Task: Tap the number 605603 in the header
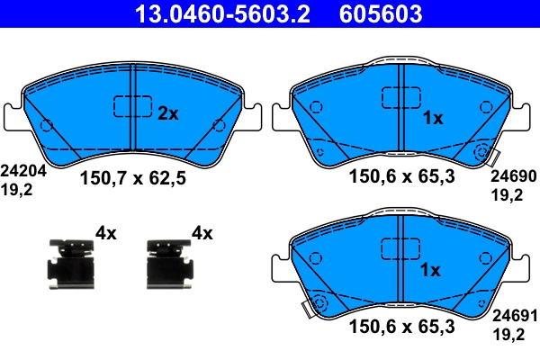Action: pos(381,13)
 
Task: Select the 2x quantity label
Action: pos(168,113)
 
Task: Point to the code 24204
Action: pos(19,169)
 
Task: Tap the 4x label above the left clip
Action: pos(106,234)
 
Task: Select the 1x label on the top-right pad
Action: pos(432,118)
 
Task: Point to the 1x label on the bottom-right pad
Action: pos(432,270)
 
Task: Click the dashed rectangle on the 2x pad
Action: pos(132,106)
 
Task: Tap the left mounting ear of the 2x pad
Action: pos(13,117)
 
